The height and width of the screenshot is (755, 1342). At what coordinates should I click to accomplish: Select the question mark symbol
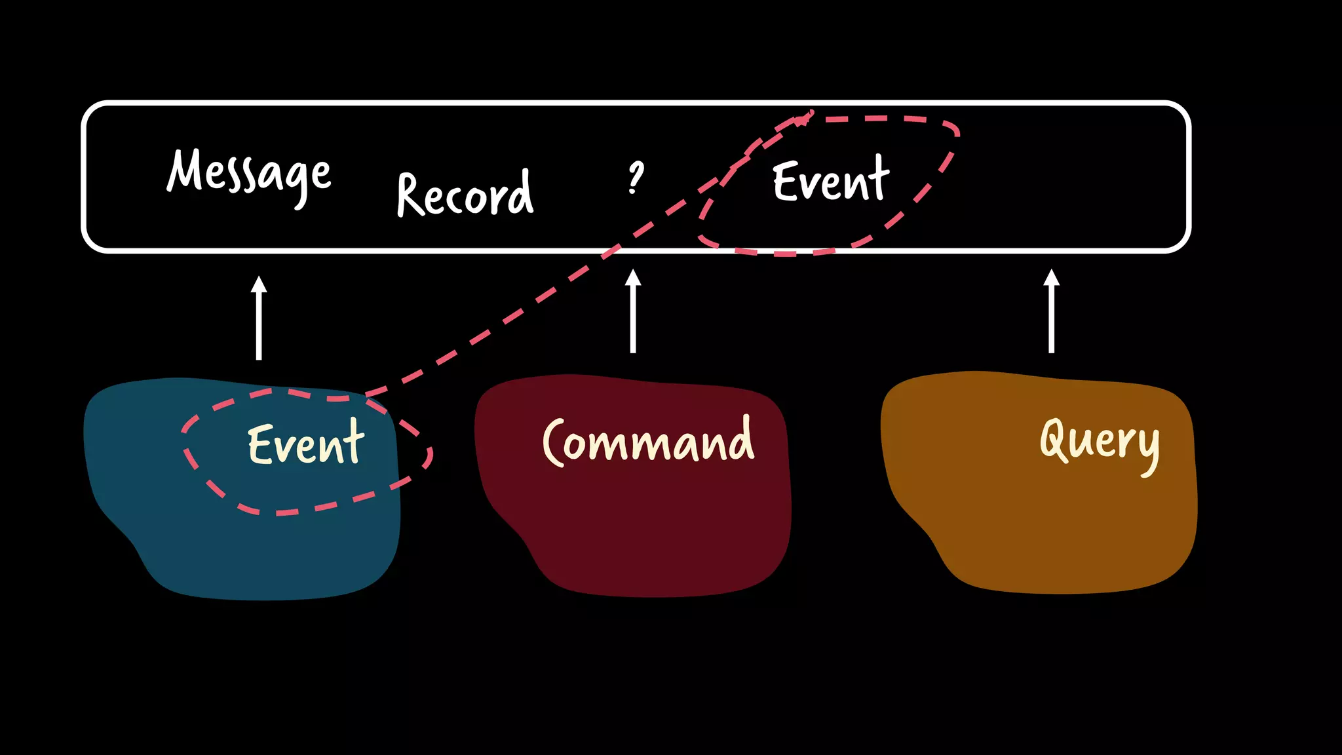pyautogui.click(x=635, y=178)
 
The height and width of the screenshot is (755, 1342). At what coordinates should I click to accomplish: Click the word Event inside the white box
pyautogui.click(x=831, y=179)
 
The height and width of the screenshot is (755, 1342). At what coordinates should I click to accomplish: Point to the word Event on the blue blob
pyautogui.click(x=305, y=443)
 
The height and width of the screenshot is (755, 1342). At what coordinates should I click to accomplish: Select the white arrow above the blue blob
pyautogui.click(x=259, y=318)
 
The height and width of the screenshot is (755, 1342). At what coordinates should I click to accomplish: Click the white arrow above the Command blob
pyautogui.click(x=633, y=311)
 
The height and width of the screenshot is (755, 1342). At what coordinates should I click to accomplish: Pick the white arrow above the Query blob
pyautogui.click(x=1051, y=311)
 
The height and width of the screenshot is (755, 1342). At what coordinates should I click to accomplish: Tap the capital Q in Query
pyautogui.click(x=1055, y=438)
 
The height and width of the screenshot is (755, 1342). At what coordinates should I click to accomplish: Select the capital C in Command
pyautogui.click(x=553, y=443)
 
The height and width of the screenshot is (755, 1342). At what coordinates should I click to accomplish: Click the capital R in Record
pyautogui.click(x=412, y=195)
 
